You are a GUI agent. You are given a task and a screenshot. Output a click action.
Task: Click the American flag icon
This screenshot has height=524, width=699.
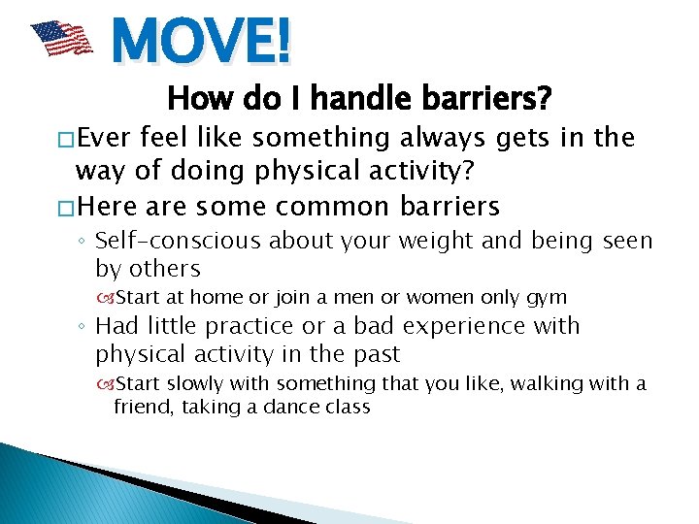click(60, 39)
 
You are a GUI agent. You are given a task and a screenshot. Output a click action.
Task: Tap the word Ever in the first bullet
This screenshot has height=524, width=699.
click(109, 139)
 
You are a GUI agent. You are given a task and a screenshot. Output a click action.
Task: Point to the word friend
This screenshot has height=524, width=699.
click(141, 408)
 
